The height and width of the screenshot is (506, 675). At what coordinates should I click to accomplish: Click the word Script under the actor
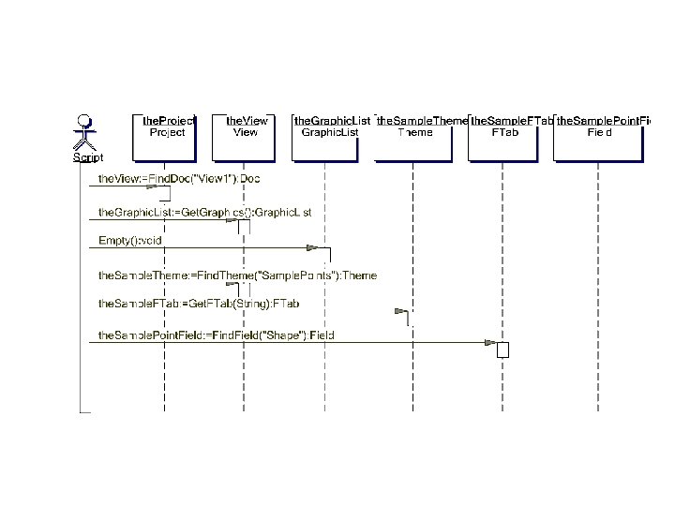(x=88, y=157)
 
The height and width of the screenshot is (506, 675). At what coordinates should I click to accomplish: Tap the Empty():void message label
(x=131, y=242)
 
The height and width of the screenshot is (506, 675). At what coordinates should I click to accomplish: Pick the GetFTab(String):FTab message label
(x=199, y=304)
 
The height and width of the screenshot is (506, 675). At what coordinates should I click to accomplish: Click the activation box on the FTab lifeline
(x=503, y=350)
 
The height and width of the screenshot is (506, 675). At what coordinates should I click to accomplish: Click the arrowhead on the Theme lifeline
(x=400, y=310)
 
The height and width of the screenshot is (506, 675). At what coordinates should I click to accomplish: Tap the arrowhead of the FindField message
(x=489, y=343)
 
